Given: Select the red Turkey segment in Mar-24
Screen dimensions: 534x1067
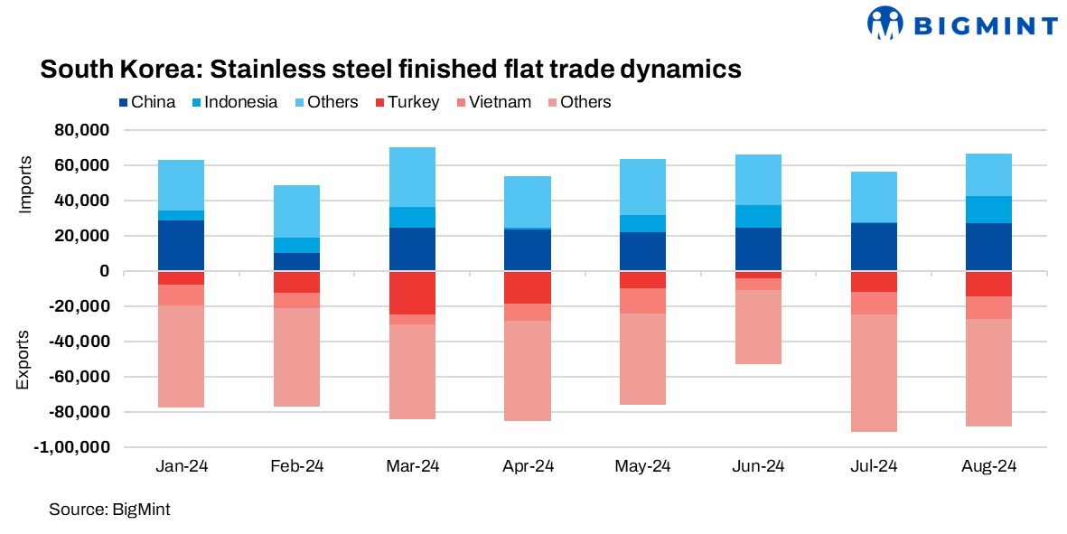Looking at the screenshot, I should tap(412, 293).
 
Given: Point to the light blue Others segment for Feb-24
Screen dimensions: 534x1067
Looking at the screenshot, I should tap(296, 211).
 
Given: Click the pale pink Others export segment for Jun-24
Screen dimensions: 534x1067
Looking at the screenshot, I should tap(759, 327).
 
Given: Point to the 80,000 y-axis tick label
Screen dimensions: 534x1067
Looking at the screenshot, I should tap(82, 130).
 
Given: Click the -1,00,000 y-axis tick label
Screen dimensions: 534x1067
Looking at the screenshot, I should tap(75, 447).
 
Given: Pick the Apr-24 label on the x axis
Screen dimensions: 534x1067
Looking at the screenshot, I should tap(528, 467).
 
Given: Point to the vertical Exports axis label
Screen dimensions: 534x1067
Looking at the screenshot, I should tap(24, 361).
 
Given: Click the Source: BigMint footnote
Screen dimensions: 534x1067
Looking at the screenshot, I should tap(109, 510).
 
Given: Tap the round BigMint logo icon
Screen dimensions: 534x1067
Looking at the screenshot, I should tap(886, 24).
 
